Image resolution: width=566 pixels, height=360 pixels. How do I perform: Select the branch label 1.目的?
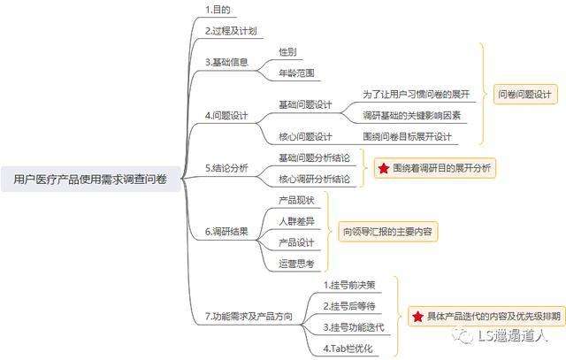[x=218, y=10]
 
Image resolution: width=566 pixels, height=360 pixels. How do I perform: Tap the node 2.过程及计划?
[x=231, y=31]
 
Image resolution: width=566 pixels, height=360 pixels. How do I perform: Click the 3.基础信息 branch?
[x=227, y=62]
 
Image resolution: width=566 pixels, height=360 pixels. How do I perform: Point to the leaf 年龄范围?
[x=296, y=73]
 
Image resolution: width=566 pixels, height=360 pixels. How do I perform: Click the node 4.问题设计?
[x=227, y=116]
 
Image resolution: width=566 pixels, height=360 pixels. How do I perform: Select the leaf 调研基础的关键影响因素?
[x=412, y=116]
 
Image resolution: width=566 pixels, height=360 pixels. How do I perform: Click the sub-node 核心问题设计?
[x=305, y=137]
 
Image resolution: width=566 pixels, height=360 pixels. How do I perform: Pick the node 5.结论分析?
[x=227, y=167]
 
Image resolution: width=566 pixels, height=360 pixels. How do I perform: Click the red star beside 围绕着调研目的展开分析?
[x=383, y=168]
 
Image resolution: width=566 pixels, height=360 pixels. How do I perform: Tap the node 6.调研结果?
[x=227, y=232]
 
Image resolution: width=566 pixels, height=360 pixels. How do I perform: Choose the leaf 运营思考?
[x=293, y=264]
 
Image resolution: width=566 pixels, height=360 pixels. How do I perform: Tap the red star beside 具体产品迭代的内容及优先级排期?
[x=417, y=316]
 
